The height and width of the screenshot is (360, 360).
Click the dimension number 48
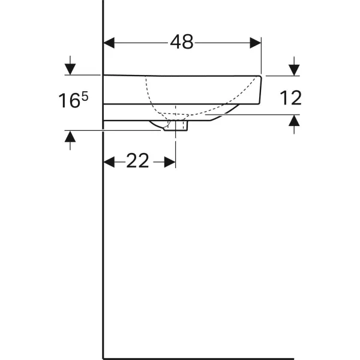tap(182, 42)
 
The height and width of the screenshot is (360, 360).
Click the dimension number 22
tap(137, 161)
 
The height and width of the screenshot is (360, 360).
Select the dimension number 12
tap(290, 98)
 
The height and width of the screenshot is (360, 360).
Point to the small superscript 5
tap(85, 96)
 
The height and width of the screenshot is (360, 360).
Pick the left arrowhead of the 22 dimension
tap(109, 162)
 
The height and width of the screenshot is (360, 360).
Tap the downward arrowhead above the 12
tap(294, 70)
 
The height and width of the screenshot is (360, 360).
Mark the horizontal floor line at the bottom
tap(198, 358)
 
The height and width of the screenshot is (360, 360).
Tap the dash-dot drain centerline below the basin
tap(176, 144)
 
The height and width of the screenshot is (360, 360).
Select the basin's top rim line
tap(180, 75)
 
